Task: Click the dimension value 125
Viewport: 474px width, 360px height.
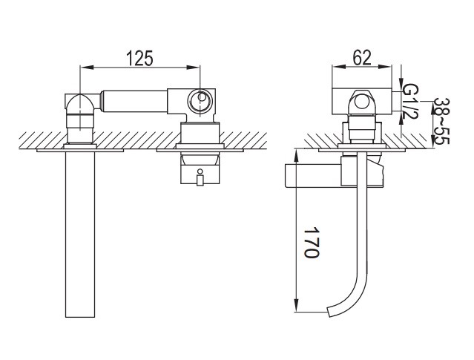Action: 139,58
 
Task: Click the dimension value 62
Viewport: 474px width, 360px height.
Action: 362,57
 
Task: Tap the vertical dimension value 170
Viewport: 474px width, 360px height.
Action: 311,242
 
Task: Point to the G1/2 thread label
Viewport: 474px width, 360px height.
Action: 411,102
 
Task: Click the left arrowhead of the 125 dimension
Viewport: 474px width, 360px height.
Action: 86,67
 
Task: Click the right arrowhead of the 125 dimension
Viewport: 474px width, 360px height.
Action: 194,67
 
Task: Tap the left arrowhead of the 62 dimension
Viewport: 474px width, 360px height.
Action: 338,67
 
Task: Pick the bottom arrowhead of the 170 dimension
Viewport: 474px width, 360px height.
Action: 296,305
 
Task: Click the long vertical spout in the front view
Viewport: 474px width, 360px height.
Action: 80,234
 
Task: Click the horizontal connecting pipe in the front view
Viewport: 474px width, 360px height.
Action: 134,101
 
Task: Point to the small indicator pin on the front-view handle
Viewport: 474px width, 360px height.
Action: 200,177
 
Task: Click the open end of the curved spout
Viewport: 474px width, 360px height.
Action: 330,312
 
